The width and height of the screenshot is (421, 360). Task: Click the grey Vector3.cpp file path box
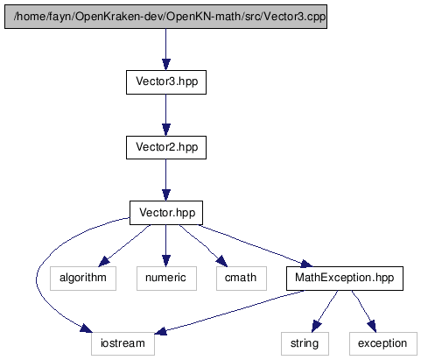[x=165, y=17]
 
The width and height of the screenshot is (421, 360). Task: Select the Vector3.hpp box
[x=166, y=82]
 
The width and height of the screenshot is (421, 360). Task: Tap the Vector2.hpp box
[x=166, y=147]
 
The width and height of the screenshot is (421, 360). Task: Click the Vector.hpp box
[x=166, y=213]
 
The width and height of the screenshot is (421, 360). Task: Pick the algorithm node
[x=83, y=279]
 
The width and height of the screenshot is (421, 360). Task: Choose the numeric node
[x=166, y=279]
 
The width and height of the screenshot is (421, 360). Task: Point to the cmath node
[x=242, y=279]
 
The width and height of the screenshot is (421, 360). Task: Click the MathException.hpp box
[x=345, y=279]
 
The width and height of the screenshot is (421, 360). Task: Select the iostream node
[x=123, y=343]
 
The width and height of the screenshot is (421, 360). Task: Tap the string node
[x=305, y=343]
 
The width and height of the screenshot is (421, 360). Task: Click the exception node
[x=383, y=343]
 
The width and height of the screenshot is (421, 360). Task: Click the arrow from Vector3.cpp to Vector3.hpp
[x=166, y=49]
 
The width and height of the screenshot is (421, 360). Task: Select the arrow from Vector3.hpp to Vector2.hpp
[x=166, y=115]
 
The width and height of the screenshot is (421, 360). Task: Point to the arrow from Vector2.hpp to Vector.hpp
[x=166, y=180]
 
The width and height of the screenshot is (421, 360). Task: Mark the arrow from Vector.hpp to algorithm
[x=124, y=245]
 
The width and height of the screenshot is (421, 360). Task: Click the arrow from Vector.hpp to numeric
[x=166, y=245]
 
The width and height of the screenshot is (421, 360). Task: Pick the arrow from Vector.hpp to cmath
[x=203, y=245]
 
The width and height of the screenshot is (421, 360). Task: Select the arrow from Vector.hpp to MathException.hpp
[x=256, y=245]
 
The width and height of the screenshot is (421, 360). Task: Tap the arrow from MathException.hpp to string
[x=325, y=311]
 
